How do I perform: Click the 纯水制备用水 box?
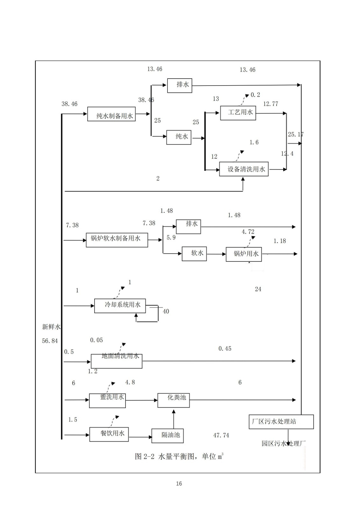click(111, 114)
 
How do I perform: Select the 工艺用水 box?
click(238, 113)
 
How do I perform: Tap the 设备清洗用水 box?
click(244, 169)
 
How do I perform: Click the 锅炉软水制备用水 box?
click(117, 240)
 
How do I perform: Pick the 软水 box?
click(194, 254)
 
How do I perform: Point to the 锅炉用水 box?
click(244, 254)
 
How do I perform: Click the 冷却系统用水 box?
click(120, 306)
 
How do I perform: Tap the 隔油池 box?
click(168, 436)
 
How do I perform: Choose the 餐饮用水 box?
click(109, 434)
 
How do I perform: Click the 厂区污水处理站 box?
click(281, 422)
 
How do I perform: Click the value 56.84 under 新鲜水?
click(50, 341)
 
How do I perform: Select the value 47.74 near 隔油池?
click(221, 435)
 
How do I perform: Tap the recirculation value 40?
click(166, 311)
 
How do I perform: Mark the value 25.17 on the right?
click(295, 135)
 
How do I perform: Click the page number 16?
click(179, 484)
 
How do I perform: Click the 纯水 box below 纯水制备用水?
click(179, 137)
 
